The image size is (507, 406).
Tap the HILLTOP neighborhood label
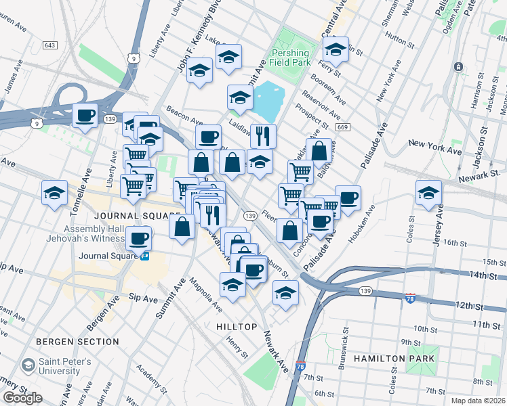click(237, 327)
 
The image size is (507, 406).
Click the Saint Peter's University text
click(68, 366)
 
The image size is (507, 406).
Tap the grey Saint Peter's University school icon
click(28, 366)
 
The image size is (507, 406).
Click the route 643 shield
click(49, 45)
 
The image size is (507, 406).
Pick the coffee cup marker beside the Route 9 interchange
click(85, 116)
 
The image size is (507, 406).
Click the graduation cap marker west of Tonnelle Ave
click(54, 194)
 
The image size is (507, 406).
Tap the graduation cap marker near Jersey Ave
click(428, 194)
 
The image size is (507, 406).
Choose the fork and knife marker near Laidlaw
click(263, 135)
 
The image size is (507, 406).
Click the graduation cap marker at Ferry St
click(336, 49)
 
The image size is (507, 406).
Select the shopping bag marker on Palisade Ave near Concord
click(289, 230)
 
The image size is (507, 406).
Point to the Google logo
click(23, 398)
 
